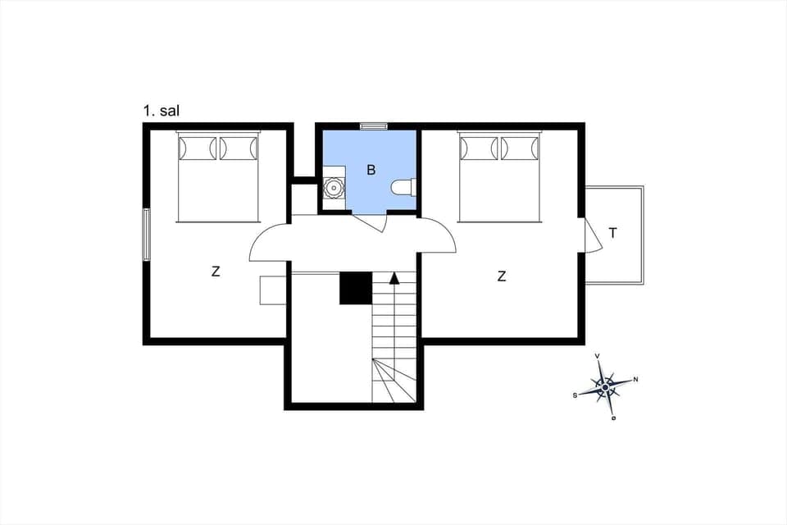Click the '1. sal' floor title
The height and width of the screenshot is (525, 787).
click(x=161, y=111)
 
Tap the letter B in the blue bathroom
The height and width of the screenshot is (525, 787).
click(x=371, y=171)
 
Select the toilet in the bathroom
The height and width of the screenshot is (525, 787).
click(x=403, y=189)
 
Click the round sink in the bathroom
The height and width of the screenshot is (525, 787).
click(x=334, y=188)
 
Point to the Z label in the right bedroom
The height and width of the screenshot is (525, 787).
click(x=502, y=277)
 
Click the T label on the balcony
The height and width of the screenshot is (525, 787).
click(x=613, y=233)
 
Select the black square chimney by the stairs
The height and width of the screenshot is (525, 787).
click(x=356, y=288)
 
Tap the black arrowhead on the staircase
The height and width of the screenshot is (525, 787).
click(x=394, y=278)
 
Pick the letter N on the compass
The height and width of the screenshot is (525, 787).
click(x=636, y=379)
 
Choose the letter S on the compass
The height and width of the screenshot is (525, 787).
click(x=575, y=395)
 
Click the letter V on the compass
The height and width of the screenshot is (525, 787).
click(x=597, y=356)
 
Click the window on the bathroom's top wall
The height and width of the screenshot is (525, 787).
click(x=374, y=126)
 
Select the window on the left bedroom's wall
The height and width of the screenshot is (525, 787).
click(x=147, y=235)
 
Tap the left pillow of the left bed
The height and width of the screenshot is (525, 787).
click(x=198, y=148)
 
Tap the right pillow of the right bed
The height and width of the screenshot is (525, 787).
click(x=521, y=148)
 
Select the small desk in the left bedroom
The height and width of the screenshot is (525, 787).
click(x=272, y=290)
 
